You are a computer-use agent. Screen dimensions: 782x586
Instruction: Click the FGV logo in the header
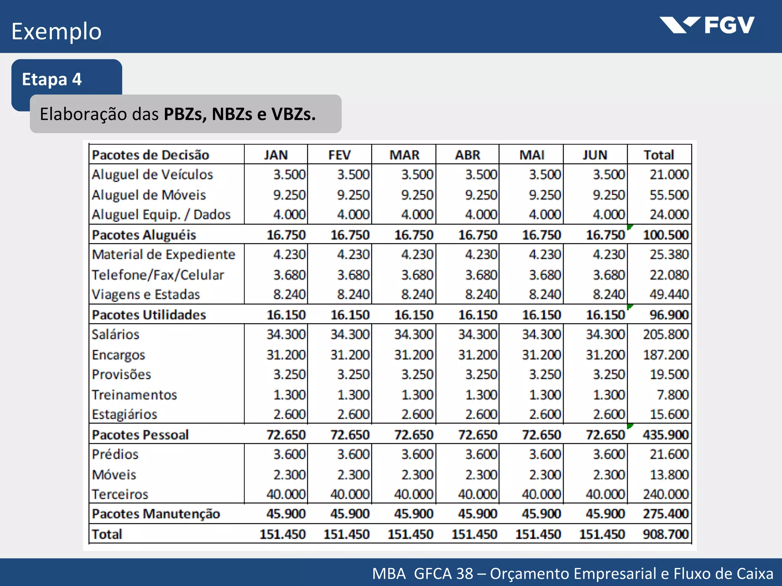point(707,25)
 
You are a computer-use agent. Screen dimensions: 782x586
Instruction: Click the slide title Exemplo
point(57,32)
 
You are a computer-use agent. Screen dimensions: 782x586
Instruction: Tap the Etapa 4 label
point(52,79)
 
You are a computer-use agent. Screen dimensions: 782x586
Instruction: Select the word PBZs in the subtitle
point(185,114)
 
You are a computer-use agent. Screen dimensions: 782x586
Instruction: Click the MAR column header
point(404,155)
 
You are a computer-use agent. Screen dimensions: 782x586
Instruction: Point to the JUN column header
point(595,155)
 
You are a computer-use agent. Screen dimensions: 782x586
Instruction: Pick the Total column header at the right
point(659,155)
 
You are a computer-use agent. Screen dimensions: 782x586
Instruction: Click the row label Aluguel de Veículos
point(152,175)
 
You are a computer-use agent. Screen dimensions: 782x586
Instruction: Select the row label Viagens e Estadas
point(146,295)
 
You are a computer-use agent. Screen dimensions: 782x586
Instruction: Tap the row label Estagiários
point(124,414)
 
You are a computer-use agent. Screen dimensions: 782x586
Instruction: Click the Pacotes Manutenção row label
point(156,514)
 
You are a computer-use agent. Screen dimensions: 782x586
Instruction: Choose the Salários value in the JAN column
point(286,335)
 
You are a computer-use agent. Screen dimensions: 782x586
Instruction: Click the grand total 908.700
point(666,534)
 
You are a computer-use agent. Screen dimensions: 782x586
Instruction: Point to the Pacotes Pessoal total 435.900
point(666,435)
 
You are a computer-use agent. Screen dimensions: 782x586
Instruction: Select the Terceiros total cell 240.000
point(666,494)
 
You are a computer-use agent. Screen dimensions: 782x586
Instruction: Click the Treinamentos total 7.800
point(672,394)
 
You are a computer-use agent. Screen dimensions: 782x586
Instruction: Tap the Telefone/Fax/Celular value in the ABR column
point(481,275)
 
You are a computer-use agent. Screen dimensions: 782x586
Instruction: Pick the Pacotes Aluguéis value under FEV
point(350,235)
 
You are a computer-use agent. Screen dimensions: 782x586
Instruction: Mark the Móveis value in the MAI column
point(545,475)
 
